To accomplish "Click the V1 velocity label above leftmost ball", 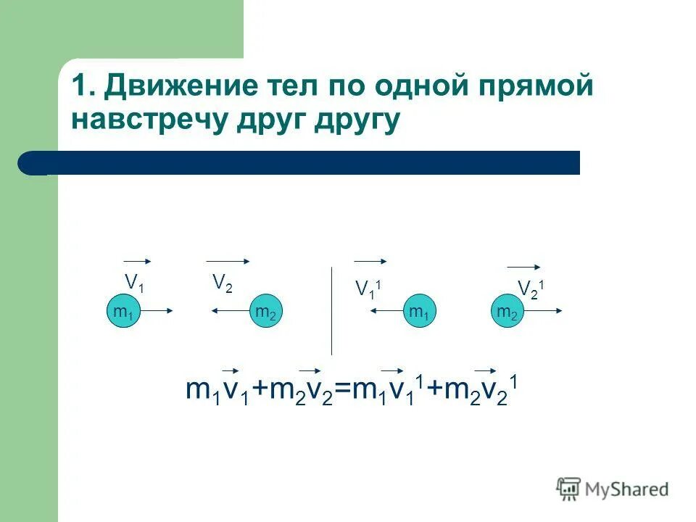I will tap(134, 282).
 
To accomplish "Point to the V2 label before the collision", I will tap(223, 283).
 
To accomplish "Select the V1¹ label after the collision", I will tap(368, 289).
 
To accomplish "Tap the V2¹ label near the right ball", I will tap(531, 288).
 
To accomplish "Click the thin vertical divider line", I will tap(332, 312).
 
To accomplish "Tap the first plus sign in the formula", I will tap(260, 391).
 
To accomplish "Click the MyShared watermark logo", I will tap(613, 489).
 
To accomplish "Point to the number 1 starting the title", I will tap(78, 88).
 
